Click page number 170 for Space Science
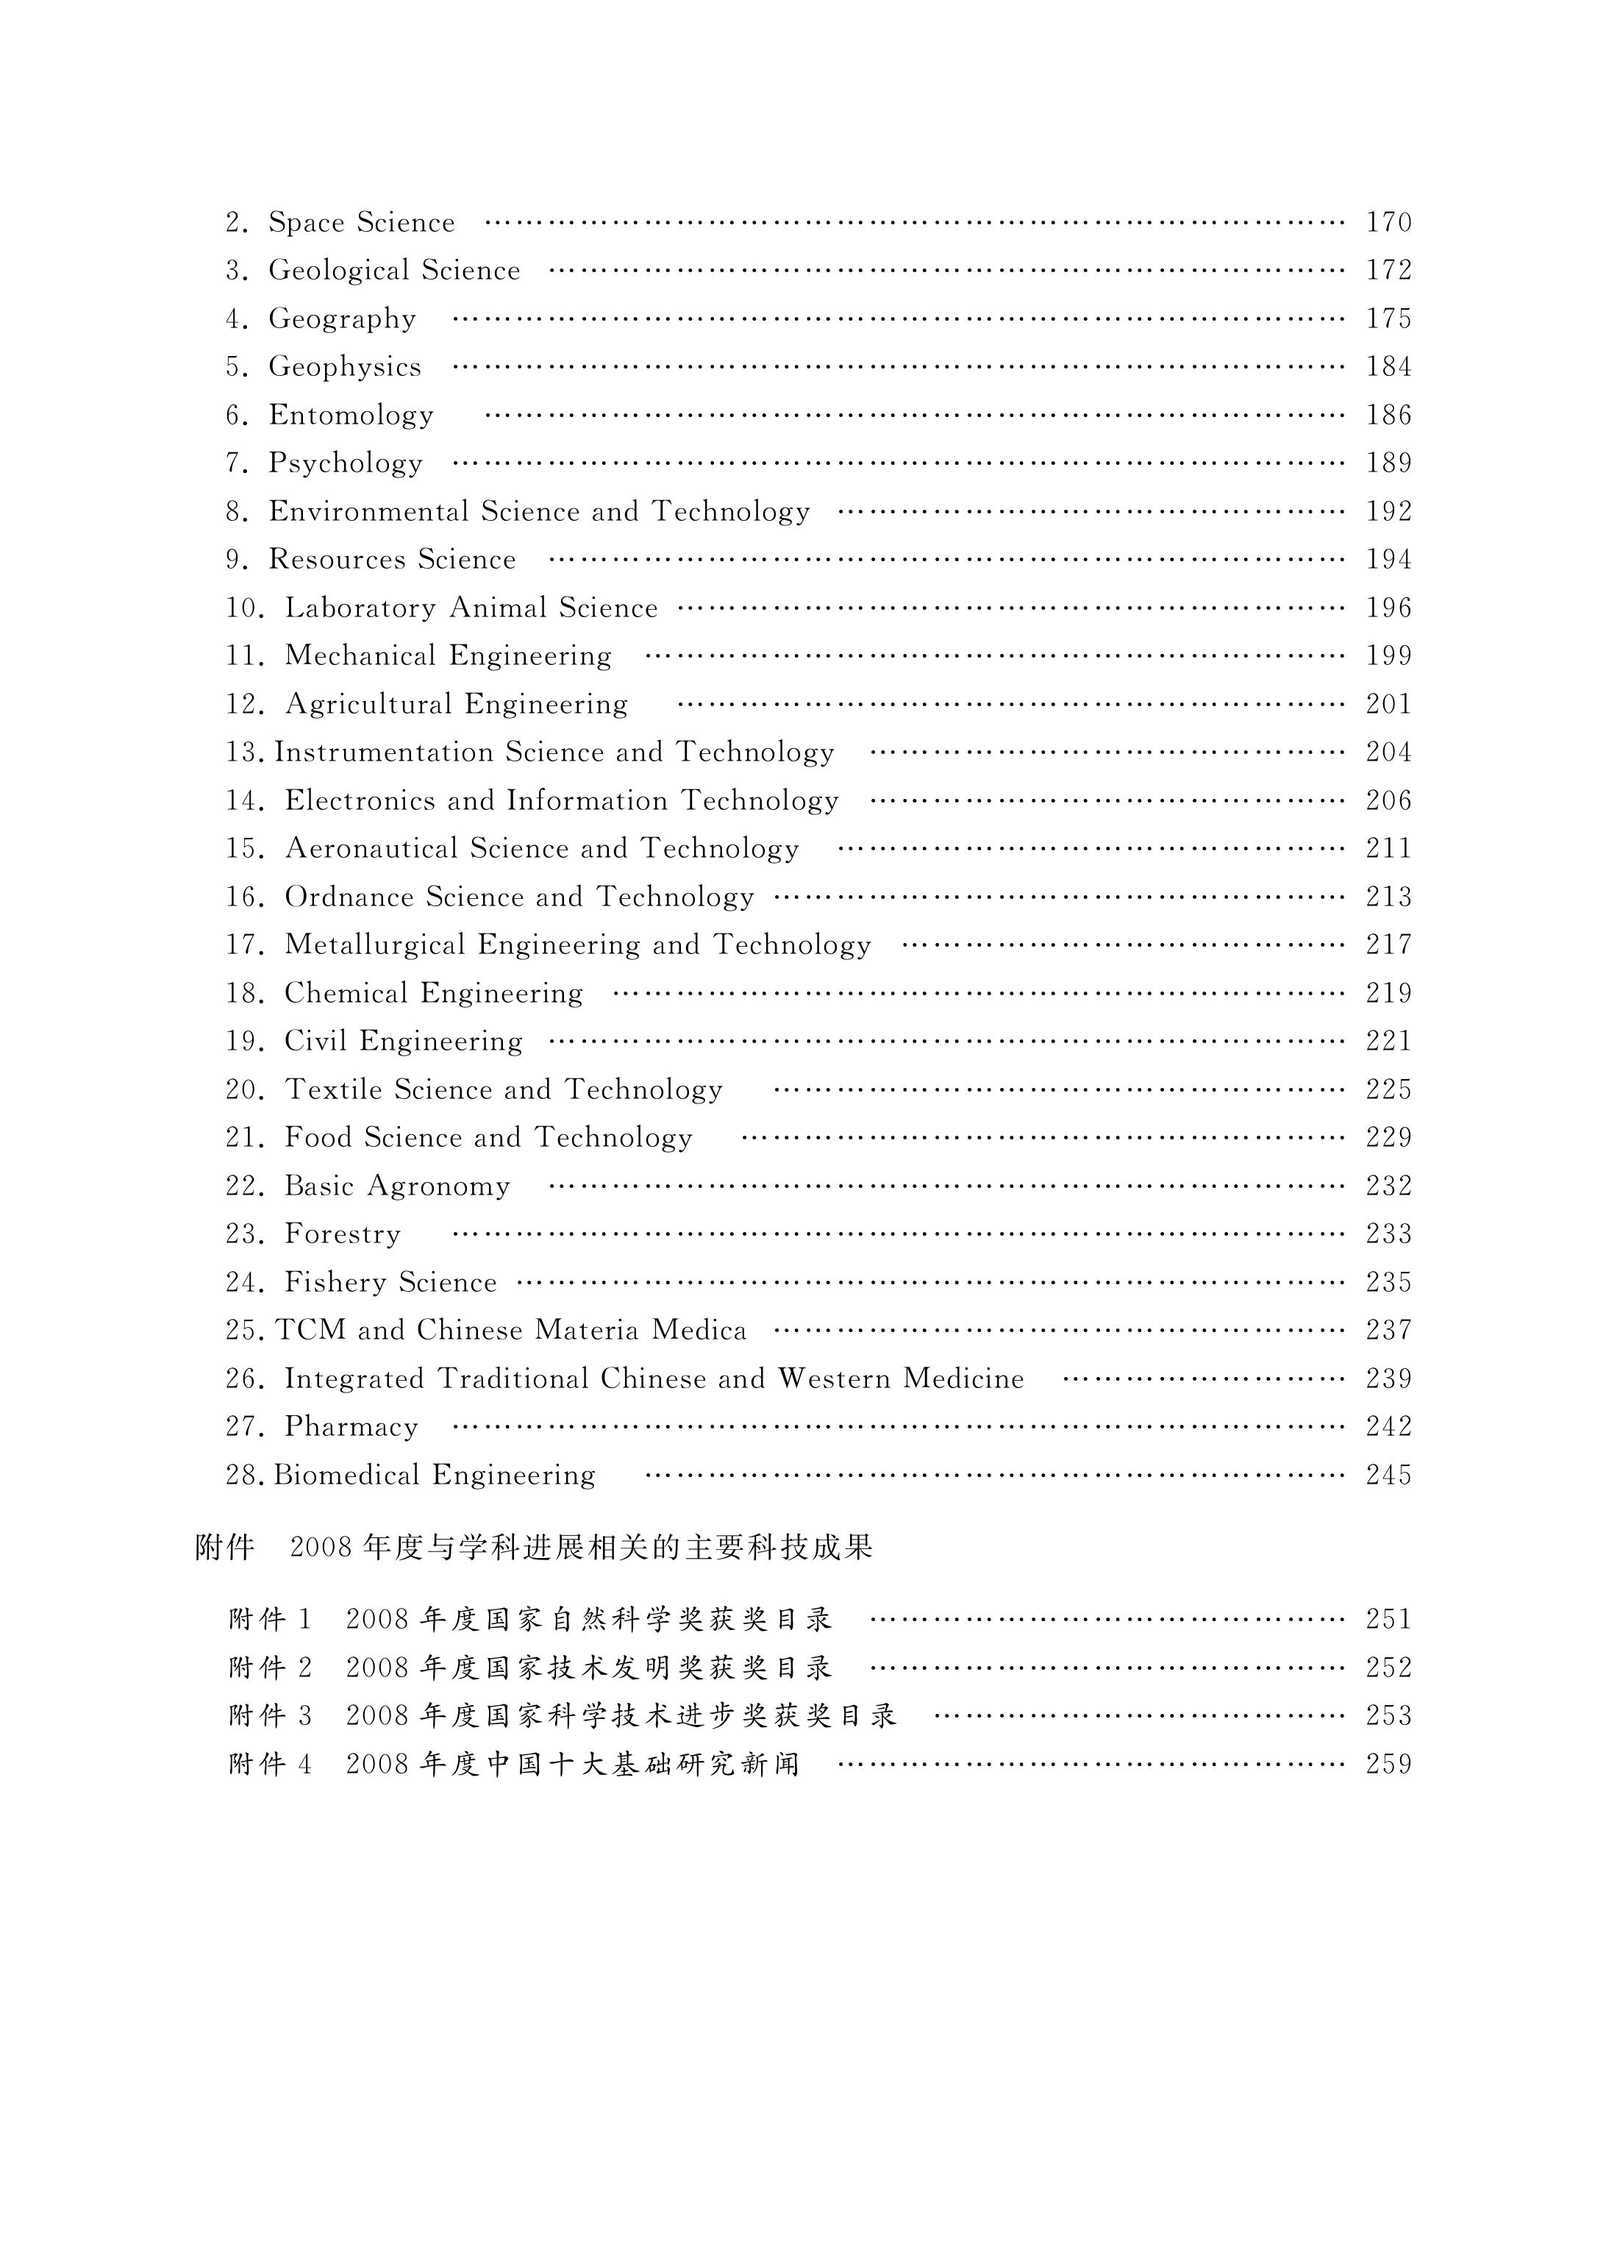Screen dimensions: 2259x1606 coord(1388,223)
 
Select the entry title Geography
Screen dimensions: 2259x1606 coord(342,319)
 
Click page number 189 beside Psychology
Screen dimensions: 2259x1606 coord(1388,463)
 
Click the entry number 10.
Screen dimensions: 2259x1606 coord(244,608)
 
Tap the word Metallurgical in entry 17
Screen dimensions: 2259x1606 coord(375,945)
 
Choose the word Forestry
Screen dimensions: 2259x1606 coord(342,1234)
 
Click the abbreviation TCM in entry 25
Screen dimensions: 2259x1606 coord(310,1330)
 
